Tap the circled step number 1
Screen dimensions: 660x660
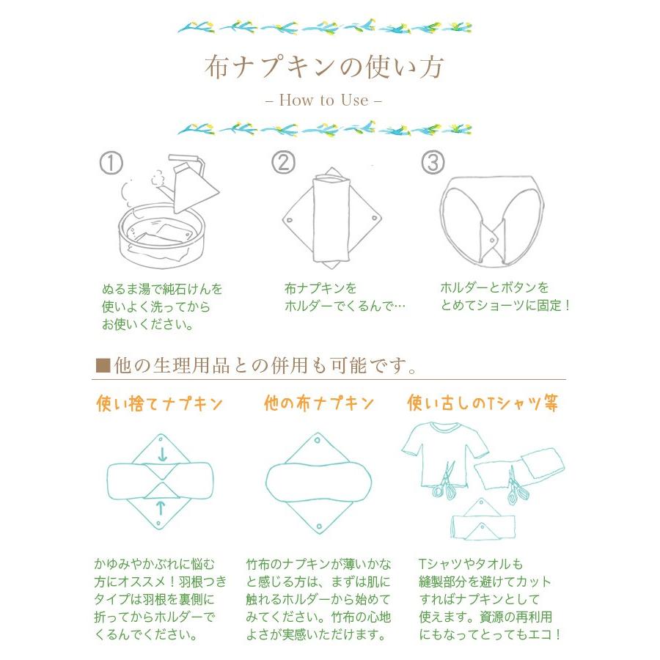pyautogui.click(x=111, y=164)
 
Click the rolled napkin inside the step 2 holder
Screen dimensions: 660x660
pyautogui.click(x=328, y=221)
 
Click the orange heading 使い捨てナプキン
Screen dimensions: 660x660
pyautogui.click(x=160, y=404)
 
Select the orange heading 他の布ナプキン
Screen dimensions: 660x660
pyautogui.click(x=319, y=404)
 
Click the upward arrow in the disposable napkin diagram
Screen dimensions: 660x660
pyautogui.click(x=162, y=506)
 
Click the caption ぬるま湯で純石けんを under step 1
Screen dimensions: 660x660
pyautogui.click(x=162, y=288)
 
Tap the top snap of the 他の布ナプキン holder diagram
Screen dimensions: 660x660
pyautogui.click(x=319, y=440)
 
